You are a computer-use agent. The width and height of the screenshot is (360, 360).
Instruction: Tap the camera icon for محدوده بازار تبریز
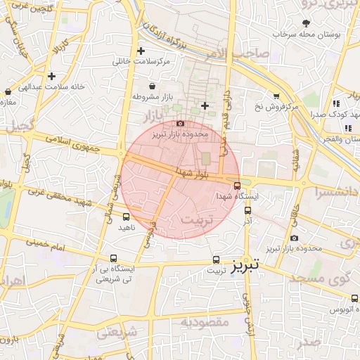pos(181,123)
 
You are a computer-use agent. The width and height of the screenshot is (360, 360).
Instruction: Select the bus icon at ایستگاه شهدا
pos(236,186)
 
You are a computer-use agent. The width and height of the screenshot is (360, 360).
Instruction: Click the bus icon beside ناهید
pos(126,217)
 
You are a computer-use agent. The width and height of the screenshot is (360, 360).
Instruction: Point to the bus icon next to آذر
pos(248,210)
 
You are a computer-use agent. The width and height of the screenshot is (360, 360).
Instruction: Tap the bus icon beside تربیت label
pos(215,259)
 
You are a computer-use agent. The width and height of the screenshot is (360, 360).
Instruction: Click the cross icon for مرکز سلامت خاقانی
pos(141,51)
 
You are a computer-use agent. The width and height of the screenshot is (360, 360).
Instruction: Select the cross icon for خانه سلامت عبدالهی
pos(51,76)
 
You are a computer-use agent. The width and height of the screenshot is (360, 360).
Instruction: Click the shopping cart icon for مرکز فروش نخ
pos(276,96)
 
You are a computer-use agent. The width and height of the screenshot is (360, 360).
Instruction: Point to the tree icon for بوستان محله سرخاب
pos(306,23)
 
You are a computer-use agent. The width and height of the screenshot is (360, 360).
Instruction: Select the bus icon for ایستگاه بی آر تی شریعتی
pos(117,258)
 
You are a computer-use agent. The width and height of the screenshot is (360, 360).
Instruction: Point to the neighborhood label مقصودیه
pos(205,322)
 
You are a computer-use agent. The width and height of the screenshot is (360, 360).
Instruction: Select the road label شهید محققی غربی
pos(59,196)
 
